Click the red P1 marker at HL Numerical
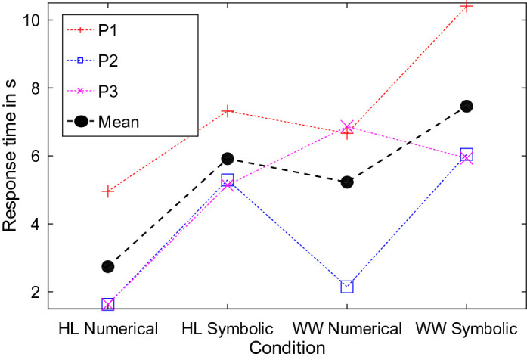[108, 191]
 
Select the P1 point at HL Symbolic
[228, 111]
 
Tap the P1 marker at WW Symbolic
[467, 7]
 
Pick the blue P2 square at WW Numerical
[347, 287]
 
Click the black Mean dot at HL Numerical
[108, 266]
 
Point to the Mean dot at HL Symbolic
[228, 159]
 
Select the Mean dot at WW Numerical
[347, 182]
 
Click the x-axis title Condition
[287, 348]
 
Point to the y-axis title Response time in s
[11, 155]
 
